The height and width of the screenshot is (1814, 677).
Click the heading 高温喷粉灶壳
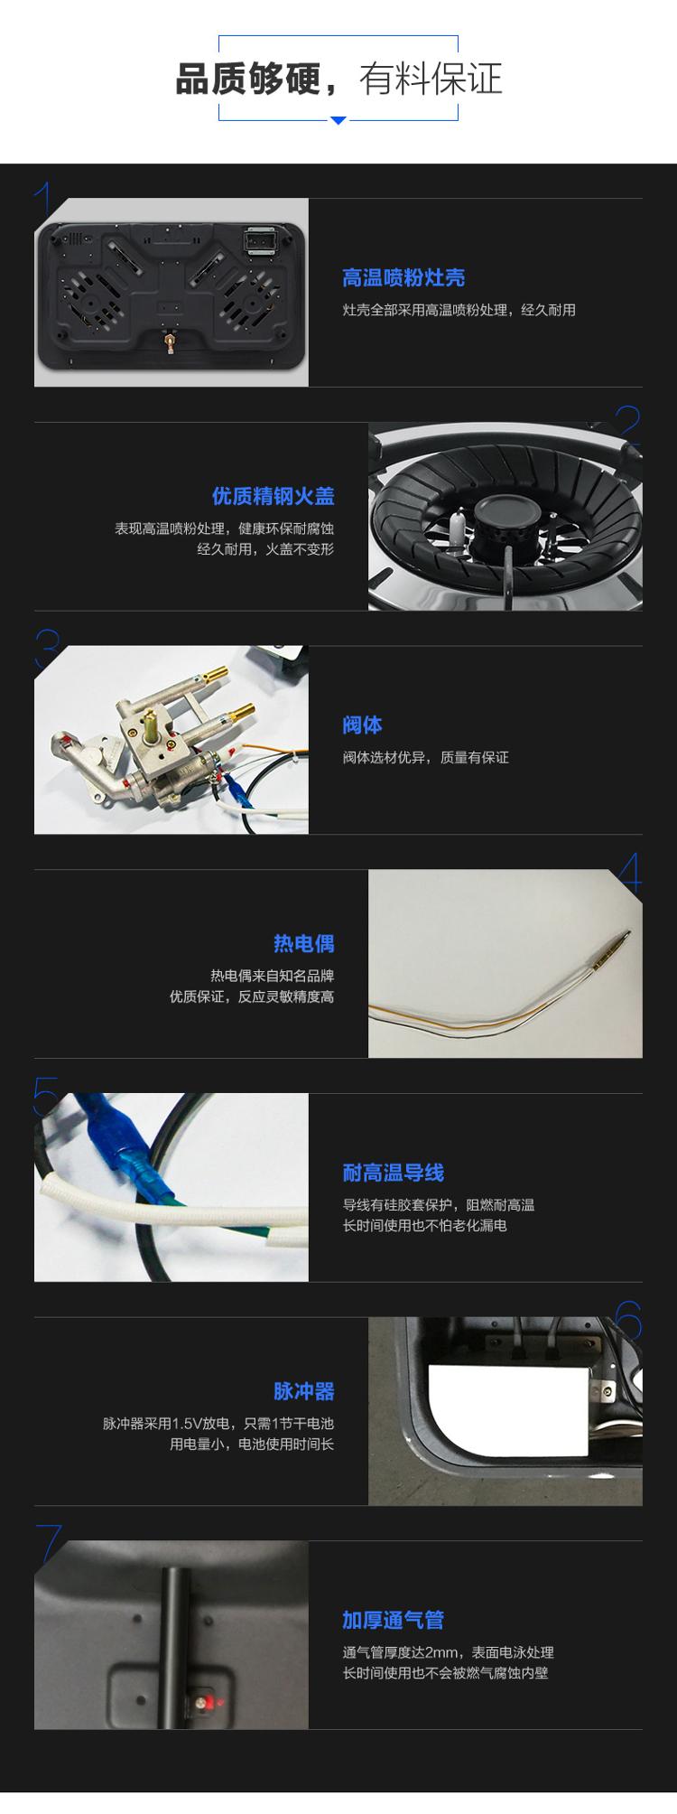coord(403,278)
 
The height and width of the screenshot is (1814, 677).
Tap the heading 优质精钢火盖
coord(273,496)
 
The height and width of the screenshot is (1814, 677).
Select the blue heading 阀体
coord(362,725)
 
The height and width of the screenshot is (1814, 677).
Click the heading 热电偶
coord(303,944)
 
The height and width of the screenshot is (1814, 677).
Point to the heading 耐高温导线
coord(393,1173)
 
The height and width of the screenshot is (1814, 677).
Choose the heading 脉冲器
coord(303,1391)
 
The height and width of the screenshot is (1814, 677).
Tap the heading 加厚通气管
coord(393,1621)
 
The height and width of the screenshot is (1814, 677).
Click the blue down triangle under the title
coord(338,120)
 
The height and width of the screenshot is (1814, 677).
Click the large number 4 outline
coord(630,874)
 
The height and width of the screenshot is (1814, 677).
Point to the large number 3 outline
coord(47,650)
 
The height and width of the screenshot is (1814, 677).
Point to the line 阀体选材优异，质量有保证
coord(425,758)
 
